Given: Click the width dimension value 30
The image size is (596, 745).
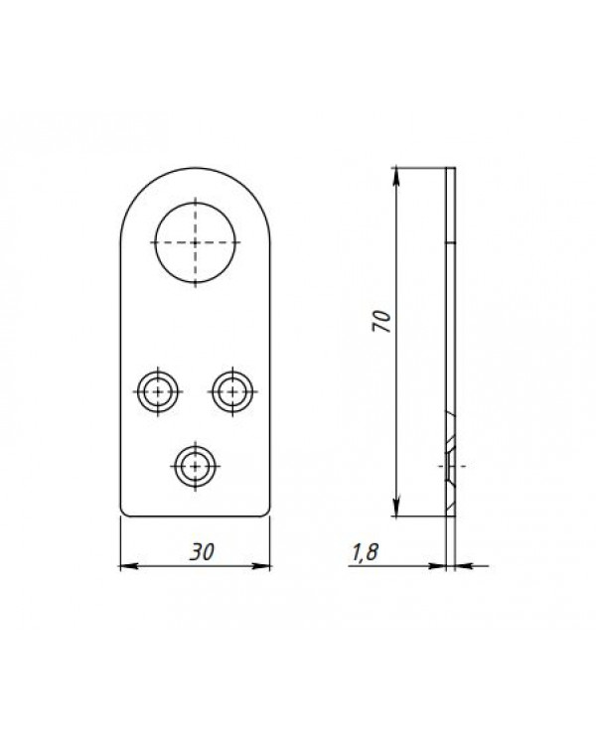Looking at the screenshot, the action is [202, 552].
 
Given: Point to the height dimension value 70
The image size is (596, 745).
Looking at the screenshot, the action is [382, 321].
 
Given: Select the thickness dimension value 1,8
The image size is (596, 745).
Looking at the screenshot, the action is [365, 552].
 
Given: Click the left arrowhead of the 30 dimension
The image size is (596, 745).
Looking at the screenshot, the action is [128, 566].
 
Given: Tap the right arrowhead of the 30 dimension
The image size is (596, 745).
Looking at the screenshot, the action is [262, 566].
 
